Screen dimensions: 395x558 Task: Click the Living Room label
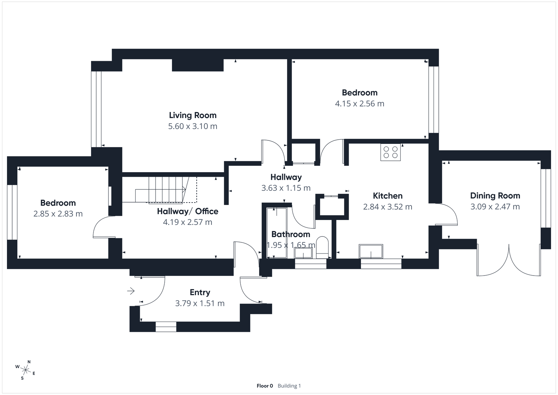pos(193,115)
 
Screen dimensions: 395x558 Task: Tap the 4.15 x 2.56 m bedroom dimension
pos(360,104)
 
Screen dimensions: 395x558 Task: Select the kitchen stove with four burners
pos(390,152)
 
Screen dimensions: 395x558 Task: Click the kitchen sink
pos(371,251)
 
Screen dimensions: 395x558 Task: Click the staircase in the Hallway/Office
pos(166,190)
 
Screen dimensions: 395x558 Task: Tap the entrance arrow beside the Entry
pos(131,291)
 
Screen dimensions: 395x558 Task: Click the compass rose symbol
pos(25,370)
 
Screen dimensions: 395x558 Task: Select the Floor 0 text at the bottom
pos(265,386)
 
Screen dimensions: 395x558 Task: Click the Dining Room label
pos(495,196)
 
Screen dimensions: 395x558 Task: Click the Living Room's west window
pos(96,109)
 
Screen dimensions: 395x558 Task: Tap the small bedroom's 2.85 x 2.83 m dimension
pos(58,214)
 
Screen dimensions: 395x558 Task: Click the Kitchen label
pos(387,196)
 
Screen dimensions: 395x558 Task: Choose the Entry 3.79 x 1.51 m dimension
pos(199,303)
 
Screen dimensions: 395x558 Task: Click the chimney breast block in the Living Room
pos(198,65)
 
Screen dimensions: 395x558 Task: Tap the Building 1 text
pos(289,386)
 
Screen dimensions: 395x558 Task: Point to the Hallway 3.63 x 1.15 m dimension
pos(286,188)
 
